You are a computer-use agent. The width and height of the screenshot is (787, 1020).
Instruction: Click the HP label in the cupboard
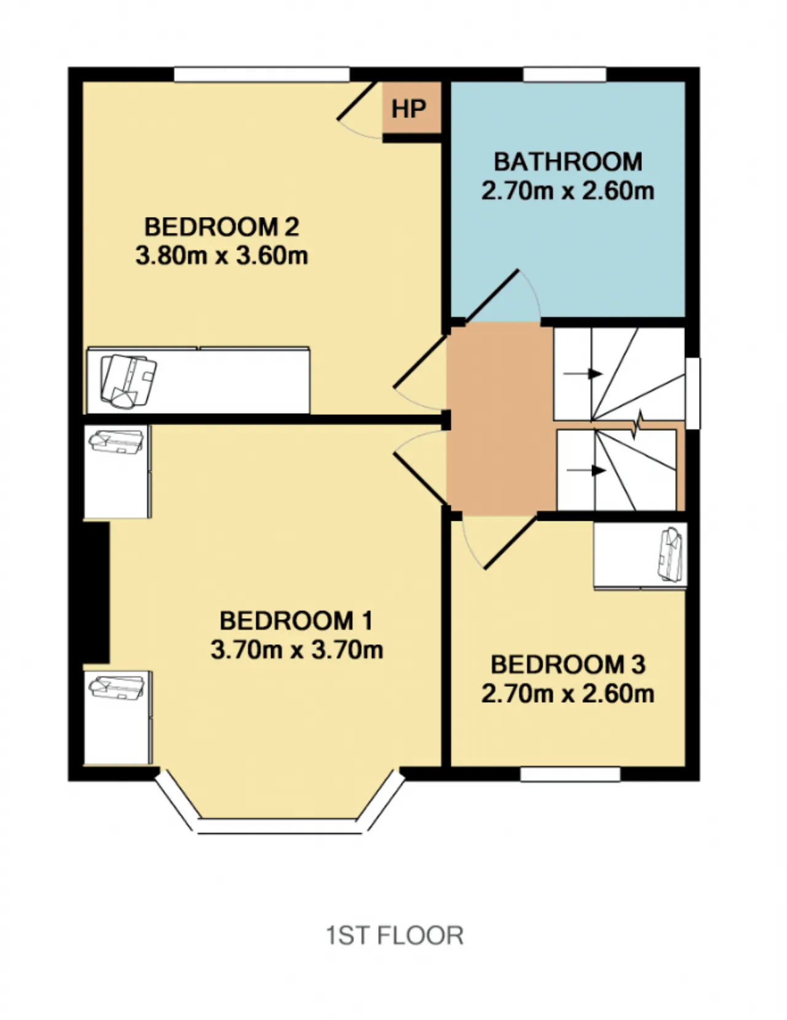409,109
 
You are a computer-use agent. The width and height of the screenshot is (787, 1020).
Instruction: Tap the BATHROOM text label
568,162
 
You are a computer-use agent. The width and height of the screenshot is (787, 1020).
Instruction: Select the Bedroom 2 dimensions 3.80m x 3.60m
221,256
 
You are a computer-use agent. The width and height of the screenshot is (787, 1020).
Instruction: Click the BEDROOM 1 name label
296,620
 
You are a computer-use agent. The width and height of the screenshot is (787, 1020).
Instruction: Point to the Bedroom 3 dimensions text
568,694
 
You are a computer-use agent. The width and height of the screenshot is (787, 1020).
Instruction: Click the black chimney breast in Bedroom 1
96,592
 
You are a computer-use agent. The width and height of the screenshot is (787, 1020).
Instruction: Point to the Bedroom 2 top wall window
262,74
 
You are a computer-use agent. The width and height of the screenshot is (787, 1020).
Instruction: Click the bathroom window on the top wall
564,74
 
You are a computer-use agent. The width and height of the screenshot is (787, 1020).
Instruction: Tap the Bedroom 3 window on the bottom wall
570,775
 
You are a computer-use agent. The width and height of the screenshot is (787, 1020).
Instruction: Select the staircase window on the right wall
693,393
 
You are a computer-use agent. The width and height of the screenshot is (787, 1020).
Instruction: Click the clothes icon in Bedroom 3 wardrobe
671,555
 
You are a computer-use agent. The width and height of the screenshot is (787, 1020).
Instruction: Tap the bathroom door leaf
491,296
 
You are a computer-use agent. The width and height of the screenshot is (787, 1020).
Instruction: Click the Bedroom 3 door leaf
510,543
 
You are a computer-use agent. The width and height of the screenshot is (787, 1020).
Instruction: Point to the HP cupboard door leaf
357,101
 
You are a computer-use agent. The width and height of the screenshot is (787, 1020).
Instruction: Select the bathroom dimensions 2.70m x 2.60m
568,191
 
